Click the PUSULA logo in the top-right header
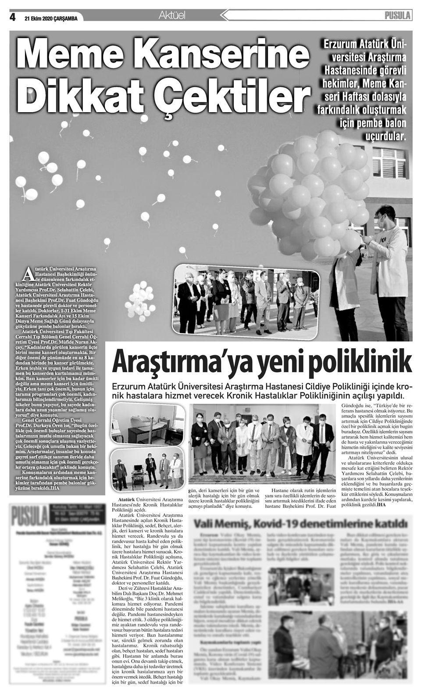pos(397,16)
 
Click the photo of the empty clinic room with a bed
pos(147,424)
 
